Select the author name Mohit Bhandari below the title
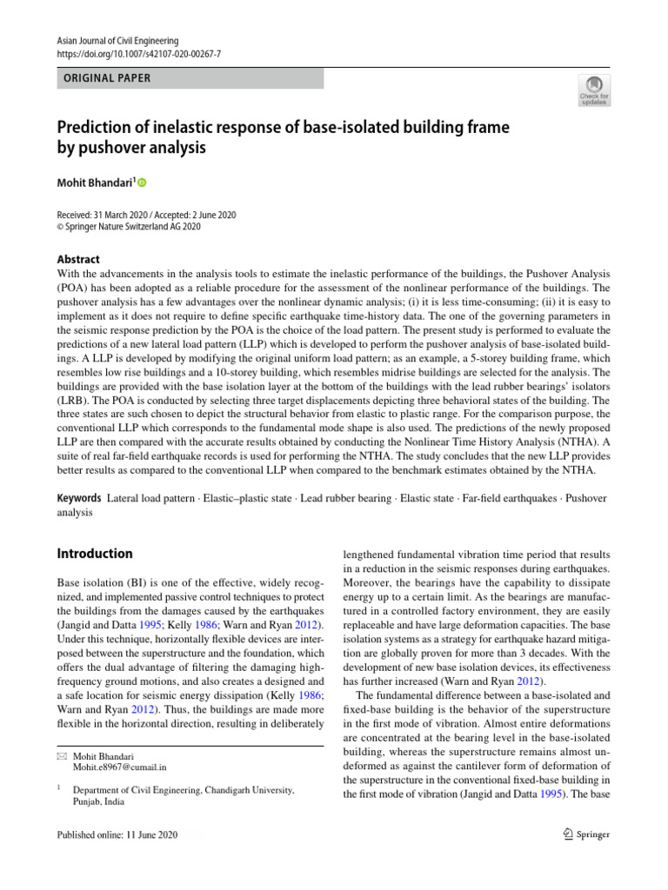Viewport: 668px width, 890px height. [94, 183]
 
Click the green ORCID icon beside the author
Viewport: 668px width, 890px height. [143, 183]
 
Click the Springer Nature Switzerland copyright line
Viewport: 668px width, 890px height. [129, 227]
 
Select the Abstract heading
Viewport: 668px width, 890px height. [78, 259]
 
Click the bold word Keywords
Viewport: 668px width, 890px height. [78, 499]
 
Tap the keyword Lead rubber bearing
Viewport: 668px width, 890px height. [353, 499]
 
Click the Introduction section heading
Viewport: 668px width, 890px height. [95, 554]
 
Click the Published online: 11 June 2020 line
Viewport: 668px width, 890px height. [117, 834]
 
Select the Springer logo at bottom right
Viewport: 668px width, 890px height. [586, 834]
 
